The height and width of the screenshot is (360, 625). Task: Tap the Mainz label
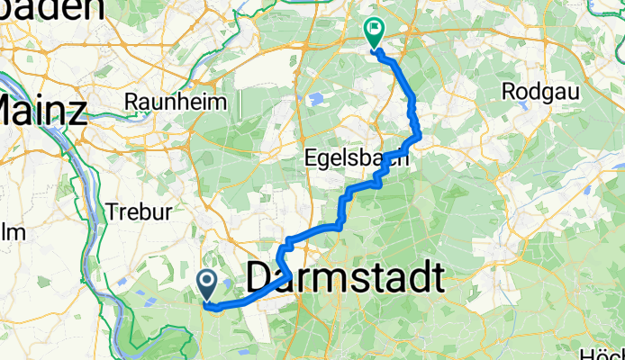pyautogui.click(x=43, y=111)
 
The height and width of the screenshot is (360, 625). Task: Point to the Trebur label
pyautogui.click(x=132, y=212)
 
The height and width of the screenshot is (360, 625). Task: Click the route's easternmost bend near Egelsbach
pyautogui.click(x=419, y=137)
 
